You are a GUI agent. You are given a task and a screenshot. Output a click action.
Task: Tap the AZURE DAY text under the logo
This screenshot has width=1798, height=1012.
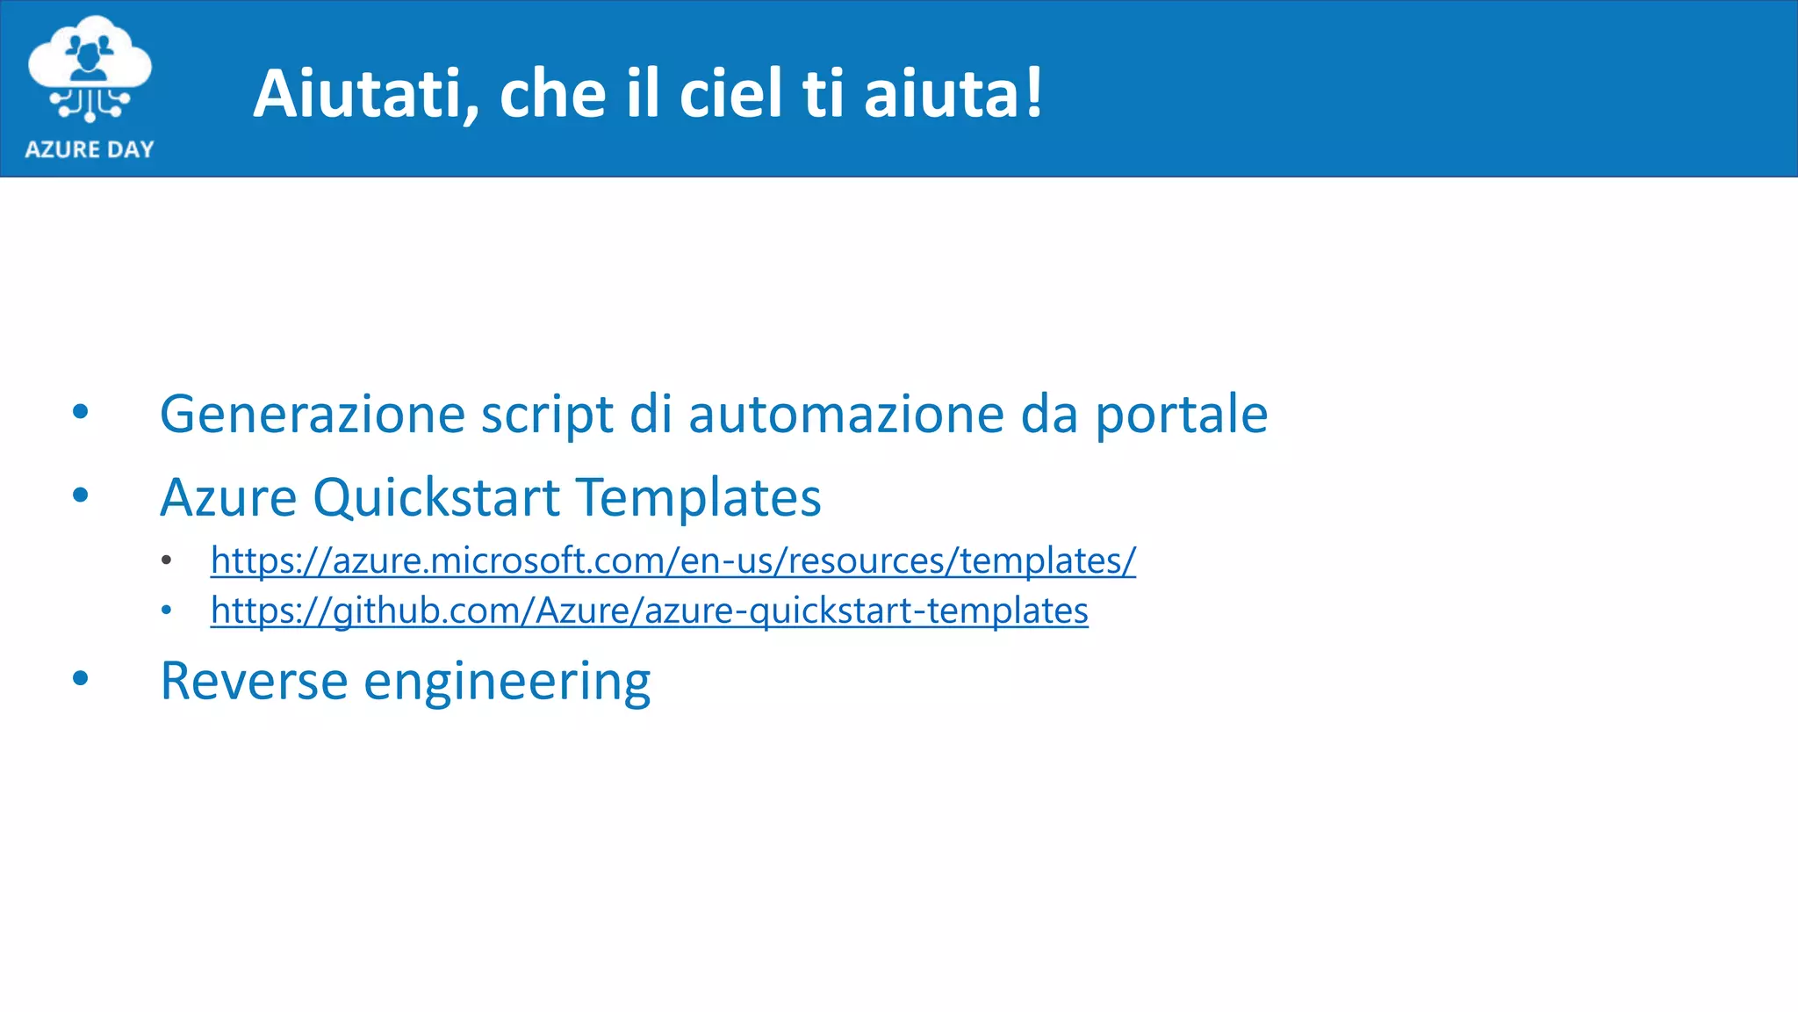(90, 149)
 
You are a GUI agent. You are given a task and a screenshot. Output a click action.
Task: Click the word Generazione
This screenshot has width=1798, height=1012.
(313, 414)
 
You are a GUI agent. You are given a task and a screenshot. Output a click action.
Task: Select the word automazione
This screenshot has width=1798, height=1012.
(846, 414)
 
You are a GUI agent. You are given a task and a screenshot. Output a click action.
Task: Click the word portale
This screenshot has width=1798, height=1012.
(1181, 416)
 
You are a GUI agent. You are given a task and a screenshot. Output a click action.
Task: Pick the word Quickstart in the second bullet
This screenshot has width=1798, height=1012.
(436, 498)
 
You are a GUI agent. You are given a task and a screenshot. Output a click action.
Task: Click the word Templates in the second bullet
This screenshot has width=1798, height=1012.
(699, 498)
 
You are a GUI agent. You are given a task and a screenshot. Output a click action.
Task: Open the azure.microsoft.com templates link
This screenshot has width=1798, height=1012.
(672, 560)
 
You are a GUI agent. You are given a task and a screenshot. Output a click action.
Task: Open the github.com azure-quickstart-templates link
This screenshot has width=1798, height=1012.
(649, 611)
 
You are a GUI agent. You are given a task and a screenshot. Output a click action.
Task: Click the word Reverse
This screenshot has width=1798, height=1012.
(254, 681)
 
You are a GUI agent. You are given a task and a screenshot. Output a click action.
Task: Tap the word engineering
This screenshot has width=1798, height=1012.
(507, 683)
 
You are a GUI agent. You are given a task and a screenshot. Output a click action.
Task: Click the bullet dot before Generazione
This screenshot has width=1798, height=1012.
(81, 412)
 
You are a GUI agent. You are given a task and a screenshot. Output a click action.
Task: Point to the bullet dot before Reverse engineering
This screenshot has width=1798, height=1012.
(81, 678)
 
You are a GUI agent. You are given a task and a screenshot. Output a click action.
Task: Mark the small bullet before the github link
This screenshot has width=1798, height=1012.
(167, 610)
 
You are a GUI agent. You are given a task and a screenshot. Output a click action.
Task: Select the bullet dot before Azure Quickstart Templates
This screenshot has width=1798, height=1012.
(81, 495)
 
